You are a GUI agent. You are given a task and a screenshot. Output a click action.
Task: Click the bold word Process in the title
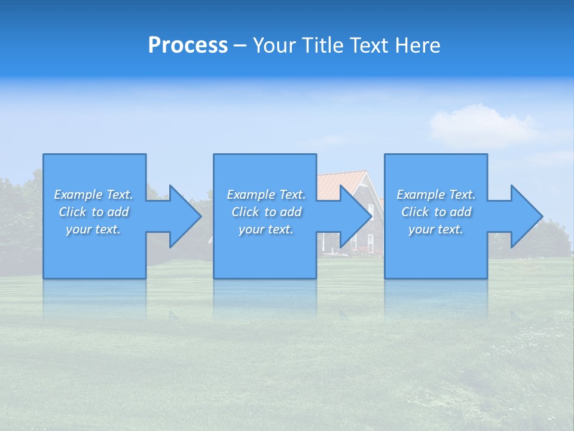pos(188,45)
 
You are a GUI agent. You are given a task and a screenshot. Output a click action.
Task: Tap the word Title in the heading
pos(322,45)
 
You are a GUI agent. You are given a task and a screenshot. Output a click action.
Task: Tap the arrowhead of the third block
pos(526,216)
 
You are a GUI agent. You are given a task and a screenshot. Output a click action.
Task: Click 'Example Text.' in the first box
pos(93,195)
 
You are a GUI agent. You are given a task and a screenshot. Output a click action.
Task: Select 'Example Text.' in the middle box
pos(266,195)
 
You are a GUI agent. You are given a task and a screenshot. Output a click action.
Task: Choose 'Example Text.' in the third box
pos(436,195)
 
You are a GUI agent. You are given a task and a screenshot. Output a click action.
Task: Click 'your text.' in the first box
pos(93,229)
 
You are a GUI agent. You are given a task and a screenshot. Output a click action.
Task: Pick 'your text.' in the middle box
pos(266,229)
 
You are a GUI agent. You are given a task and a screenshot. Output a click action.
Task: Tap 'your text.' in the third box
pos(436,229)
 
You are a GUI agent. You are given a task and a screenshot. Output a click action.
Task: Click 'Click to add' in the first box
pos(93,212)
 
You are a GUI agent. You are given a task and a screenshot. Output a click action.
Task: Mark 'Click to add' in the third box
pos(436,212)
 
